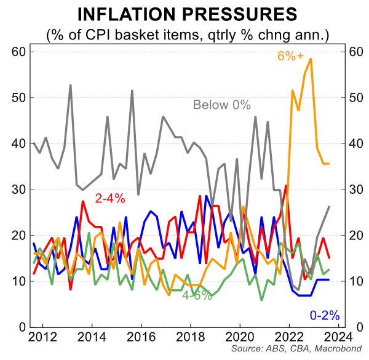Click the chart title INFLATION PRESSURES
coord(184,14)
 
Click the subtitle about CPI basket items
coord(184,34)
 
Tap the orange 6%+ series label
coord(290,56)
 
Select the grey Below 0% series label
coord(222,105)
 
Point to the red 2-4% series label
coord(110,198)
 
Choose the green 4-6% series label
coord(197,295)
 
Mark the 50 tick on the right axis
coord(355,98)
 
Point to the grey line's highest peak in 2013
coord(71,85)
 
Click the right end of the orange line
coord(330,164)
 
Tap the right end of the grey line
coord(330,206)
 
